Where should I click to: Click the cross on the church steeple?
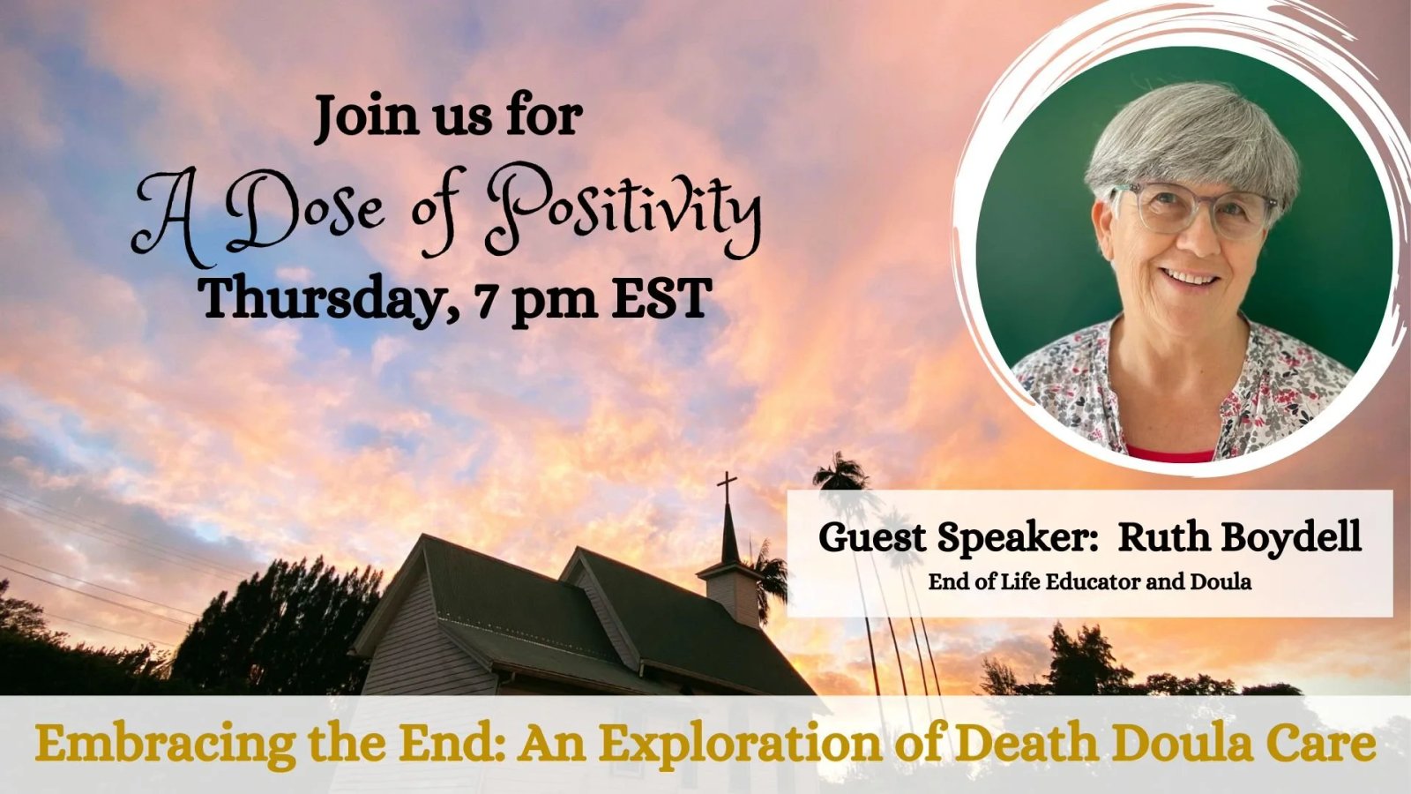[727, 486]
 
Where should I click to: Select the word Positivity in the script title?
[623, 211]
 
